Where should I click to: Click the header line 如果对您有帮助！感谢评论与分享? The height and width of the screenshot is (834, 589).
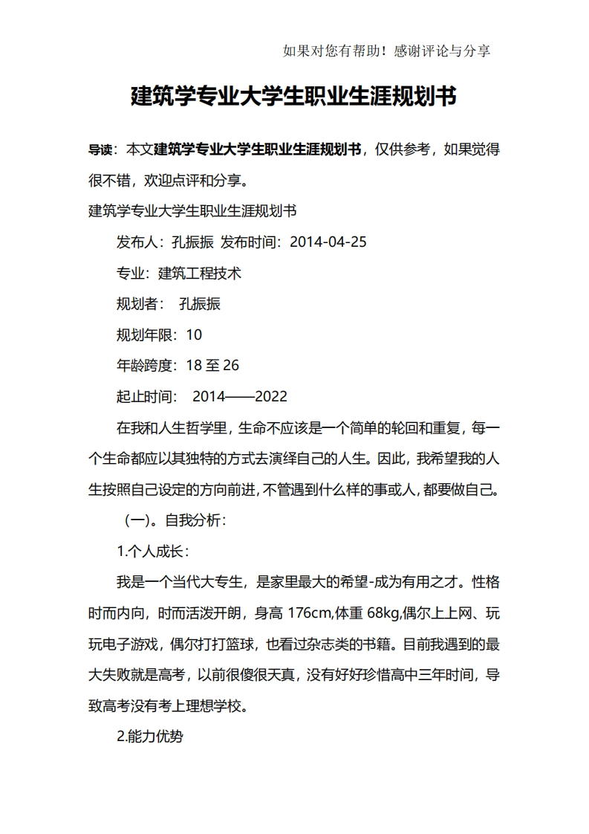click(x=386, y=51)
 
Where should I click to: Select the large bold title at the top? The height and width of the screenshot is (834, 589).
click(x=293, y=97)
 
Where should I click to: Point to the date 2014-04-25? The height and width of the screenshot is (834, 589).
click(x=328, y=242)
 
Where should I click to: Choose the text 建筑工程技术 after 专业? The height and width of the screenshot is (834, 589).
click(x=200, y=273)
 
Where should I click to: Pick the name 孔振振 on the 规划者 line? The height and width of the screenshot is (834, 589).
click(x=200, y=304)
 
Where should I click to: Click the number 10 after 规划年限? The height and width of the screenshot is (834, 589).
click(x=194, y=334)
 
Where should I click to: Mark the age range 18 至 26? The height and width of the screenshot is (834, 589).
click(x=212, y=366)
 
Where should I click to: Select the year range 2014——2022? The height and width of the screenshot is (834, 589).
click(x=240, y=397)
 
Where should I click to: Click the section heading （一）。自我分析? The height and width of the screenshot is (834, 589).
click(x=175, y=521)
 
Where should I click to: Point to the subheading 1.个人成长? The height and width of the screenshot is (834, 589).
click(x=154, y=552)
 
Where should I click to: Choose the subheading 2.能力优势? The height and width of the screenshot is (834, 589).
click(x=151, y=737)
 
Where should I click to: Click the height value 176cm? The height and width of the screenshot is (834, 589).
click(x=308, y=614)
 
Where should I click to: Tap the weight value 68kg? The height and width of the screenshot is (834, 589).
click(x=383, y=614)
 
